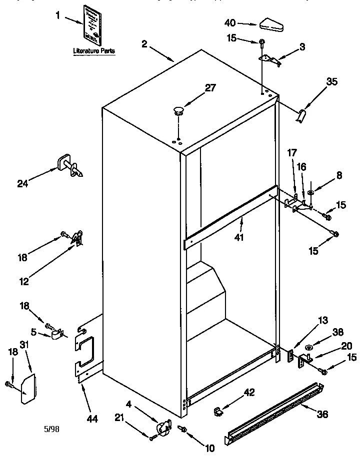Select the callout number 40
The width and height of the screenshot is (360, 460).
[x=230, y=22]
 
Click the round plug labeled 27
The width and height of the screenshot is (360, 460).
[x=178, y=110]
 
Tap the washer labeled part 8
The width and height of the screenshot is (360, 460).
[x=310, y=192]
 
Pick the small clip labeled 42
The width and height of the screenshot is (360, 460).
[x=218, y=411]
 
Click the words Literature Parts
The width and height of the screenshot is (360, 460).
[x=93, y=51]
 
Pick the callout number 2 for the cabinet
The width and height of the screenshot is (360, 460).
[x=144, y=44]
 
